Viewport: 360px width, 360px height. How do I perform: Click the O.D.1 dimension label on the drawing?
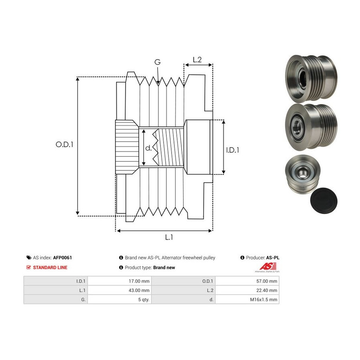point(64,144)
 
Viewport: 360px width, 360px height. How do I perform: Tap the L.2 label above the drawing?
point(197,60)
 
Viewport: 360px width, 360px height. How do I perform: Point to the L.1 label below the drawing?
point(169,237)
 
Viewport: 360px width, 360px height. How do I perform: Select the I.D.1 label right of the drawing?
point(232,150)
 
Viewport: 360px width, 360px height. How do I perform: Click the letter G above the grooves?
point(158,62)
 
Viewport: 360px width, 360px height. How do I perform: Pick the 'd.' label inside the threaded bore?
point(148,148)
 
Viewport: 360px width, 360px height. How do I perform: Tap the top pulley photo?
point(311,78)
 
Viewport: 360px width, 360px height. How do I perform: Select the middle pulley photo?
point(311,127)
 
